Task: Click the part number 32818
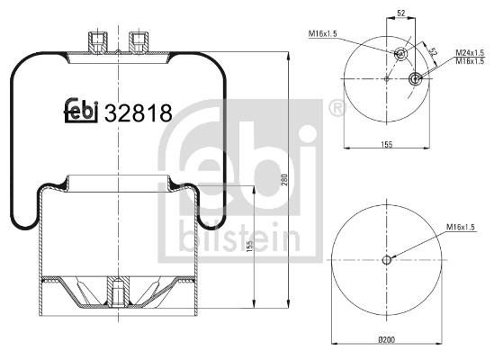click(139, 112)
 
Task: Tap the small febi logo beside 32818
click(81, 111)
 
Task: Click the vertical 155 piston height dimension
click(250, 246)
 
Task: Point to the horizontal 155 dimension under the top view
click(387, 144)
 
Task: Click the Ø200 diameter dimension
click(387, 339)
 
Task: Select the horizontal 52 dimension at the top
click(401, 13)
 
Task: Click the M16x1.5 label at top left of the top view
click(323, 33)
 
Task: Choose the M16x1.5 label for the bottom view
click(461, 228)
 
